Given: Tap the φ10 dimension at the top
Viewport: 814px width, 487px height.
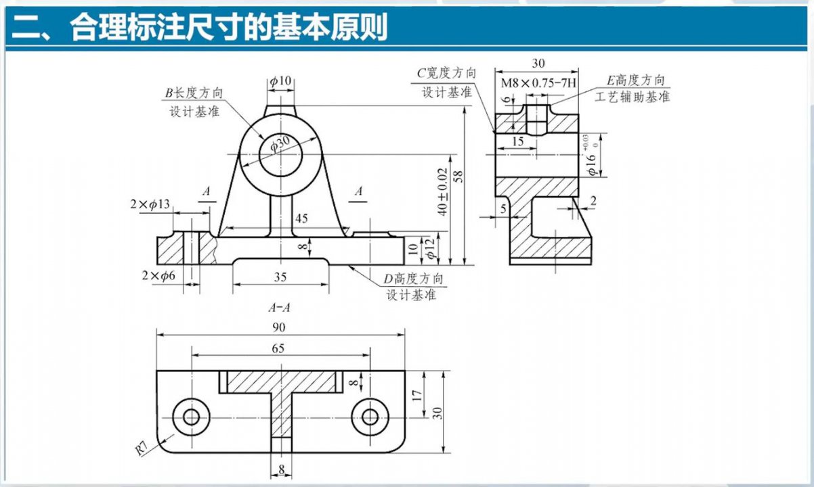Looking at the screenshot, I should click(x=280, y=82).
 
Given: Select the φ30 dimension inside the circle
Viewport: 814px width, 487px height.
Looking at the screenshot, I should click(x=279, y=143).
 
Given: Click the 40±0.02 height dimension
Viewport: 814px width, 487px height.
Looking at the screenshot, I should click(x=442, y=191).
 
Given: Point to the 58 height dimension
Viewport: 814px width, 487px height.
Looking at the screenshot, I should click(x=458, y=177).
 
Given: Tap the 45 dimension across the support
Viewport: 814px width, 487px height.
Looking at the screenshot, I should click(x=301, y=218).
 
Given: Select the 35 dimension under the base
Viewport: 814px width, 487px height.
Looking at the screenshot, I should click(x=280, y=276).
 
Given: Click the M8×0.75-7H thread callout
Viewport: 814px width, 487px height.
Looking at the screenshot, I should click(x=539, y=83).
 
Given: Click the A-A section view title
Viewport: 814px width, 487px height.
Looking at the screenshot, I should click(x=279, y=308).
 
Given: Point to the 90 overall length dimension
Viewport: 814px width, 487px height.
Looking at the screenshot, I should click(x=279, y=327).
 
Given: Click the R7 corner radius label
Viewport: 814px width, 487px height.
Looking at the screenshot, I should click(x=141, y=447).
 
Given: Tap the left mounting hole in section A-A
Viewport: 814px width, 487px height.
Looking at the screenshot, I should click(x=192, y=416).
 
